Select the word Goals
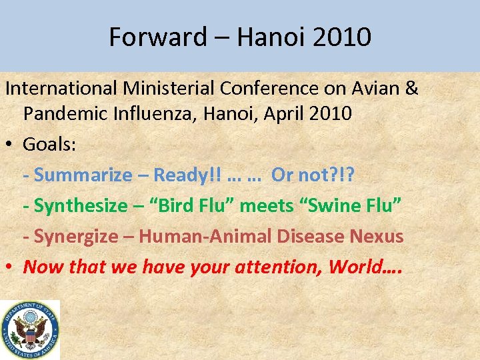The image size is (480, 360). click(49, 144)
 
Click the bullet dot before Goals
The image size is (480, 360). click(11, 145)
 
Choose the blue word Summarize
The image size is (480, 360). click(83, 175)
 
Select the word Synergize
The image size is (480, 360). click(80, 236)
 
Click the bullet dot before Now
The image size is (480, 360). click(11, 267)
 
